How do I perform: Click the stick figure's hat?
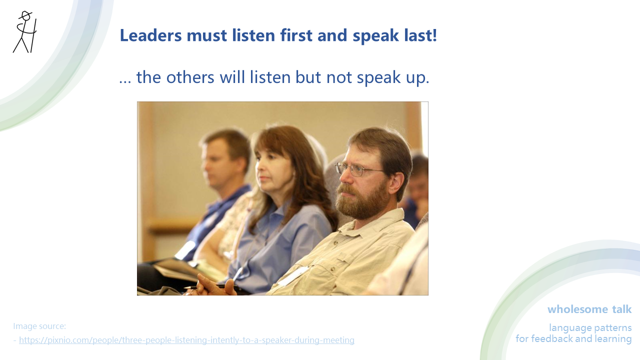coord(25,15)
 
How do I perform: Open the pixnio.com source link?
coord(186,340)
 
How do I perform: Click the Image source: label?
coord(39,326)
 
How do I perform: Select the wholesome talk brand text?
coord(589,309)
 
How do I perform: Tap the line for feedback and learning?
coord(573,339)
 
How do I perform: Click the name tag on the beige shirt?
coord(294,275)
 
